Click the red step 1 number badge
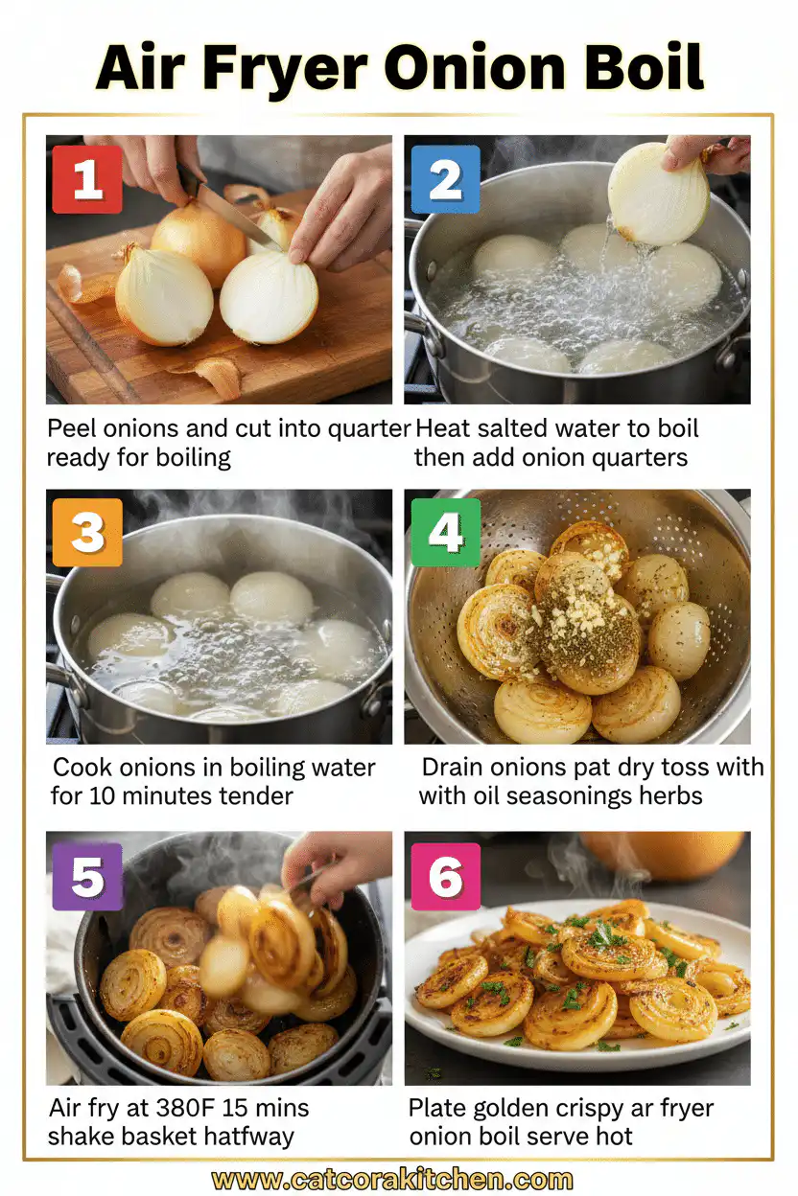[87, 179]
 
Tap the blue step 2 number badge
[445, 179]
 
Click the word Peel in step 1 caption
[70, 427]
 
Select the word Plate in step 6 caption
[437, 1109]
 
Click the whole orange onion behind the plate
[662, 853]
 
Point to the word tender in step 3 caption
[253, 795]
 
